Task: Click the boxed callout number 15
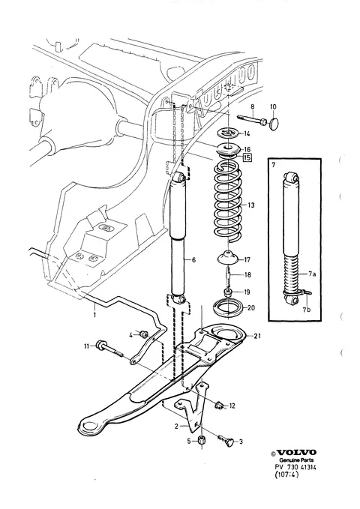pos(247,157)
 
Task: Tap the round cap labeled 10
pos(274,124)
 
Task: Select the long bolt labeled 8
pos(253,120)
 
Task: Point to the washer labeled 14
pos(229,133)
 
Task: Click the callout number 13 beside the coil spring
pos(250,205)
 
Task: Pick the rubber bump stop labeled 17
pos(228,257)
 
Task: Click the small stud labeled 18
pos(229,274)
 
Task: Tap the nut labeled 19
pos(228,291)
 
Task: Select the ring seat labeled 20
pos(228,307)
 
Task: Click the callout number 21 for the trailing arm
pos(257,336)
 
